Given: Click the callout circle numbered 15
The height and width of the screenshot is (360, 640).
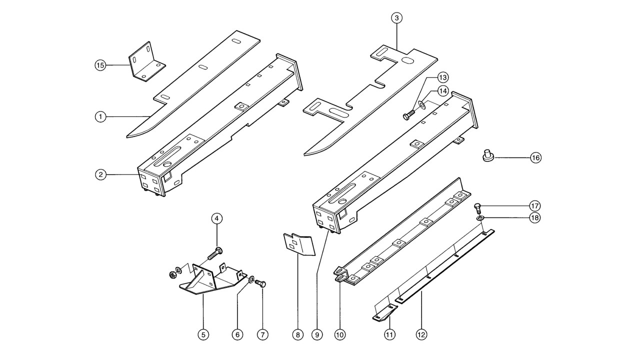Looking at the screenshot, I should coord(100,65).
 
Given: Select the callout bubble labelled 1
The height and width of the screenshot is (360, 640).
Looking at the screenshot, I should coord(100,116).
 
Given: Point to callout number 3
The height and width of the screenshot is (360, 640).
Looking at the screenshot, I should coord(396,18).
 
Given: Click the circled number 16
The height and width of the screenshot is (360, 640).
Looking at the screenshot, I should coord(535,158).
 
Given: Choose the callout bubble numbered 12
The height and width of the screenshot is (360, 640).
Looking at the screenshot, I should coord(421,334).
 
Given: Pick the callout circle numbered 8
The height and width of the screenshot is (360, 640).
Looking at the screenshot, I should coord(297,334).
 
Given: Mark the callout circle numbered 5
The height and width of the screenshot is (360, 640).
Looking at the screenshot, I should coord(203,334).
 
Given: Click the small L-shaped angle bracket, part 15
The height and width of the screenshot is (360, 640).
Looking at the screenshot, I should coord(146,64).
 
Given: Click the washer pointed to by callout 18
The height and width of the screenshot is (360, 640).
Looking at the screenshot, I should coord(480,218).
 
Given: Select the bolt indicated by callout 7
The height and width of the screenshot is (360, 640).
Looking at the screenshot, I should coord(261,283).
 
